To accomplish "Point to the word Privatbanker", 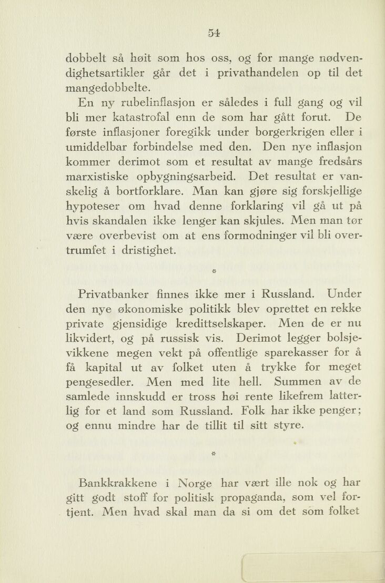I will (123, 293).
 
